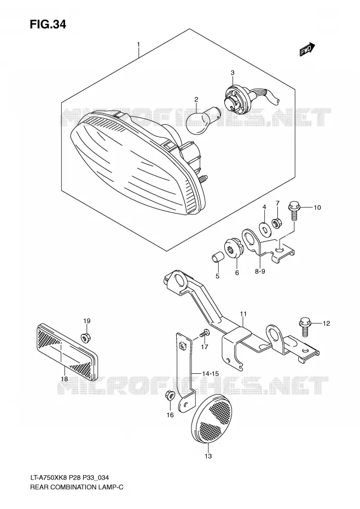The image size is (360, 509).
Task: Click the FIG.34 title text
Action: pos(48,24)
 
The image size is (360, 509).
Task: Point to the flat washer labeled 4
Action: pos(265,229)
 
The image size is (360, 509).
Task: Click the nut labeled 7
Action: pos(277,223)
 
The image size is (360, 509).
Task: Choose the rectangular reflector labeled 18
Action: pos(67,351)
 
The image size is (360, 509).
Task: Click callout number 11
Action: pos(243,314)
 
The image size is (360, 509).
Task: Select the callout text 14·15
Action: pos(210,374)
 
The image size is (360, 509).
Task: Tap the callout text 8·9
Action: pos(260,271)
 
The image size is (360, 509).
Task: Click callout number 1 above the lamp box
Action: pos(138,44)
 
